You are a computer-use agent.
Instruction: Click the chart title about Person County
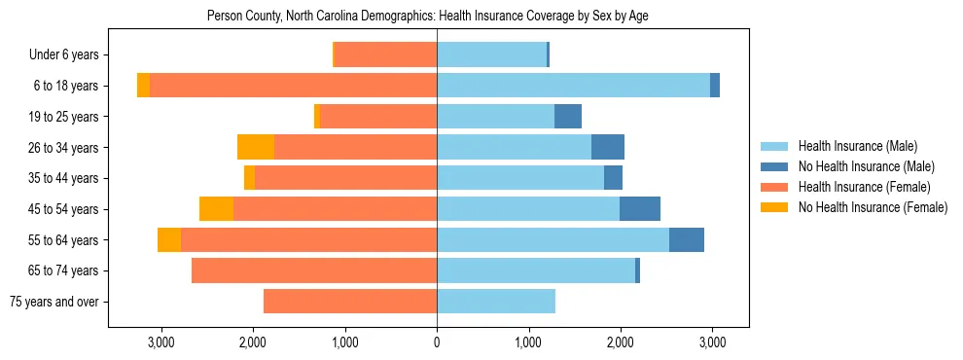427,17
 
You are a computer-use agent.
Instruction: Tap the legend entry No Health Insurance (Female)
872,207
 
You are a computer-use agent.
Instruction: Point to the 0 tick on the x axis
437,342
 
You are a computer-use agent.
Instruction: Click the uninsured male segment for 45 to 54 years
640,209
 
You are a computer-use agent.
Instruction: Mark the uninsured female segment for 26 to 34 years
256,147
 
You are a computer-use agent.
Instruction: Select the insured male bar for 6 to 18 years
573,86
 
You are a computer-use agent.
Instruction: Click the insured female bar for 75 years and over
350,302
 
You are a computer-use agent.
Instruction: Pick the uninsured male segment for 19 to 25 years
568,117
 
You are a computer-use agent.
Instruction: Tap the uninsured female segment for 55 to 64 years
169,240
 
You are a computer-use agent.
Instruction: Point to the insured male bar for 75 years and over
496,302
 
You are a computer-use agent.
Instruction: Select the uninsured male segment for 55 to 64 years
687,240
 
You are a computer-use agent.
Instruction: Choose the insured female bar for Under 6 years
385,54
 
